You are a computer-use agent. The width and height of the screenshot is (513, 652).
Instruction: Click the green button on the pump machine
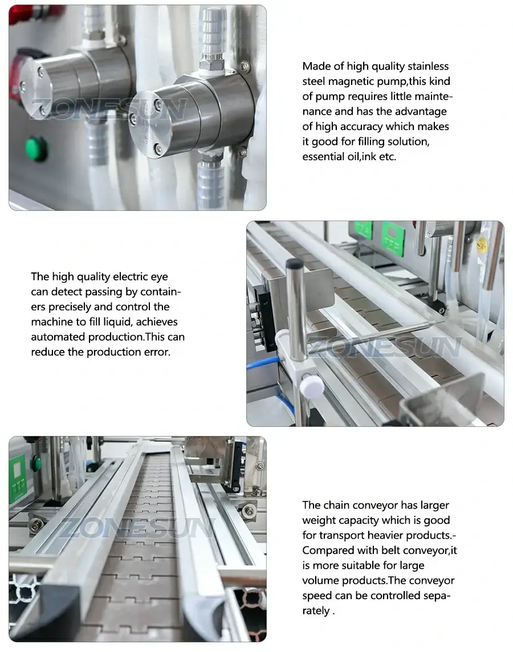(36, 149)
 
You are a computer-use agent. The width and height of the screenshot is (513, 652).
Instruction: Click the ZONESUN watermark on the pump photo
(108, 109)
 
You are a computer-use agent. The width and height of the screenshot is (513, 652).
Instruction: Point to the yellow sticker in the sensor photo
(482, 245)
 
